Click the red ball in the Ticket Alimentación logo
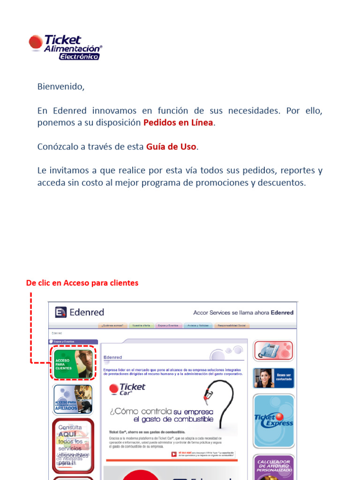36,42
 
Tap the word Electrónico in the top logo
79,56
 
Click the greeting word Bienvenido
60,87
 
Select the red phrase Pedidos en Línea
178,123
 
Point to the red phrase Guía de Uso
171,147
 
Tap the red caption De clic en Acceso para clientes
82,283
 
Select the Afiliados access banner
73,399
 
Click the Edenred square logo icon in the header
60,312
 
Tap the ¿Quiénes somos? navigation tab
112,325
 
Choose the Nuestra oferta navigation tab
141,325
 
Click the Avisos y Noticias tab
196,325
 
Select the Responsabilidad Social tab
232,325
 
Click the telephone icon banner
273,350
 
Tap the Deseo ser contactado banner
274,378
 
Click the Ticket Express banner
274,420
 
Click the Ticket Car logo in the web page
127,389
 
